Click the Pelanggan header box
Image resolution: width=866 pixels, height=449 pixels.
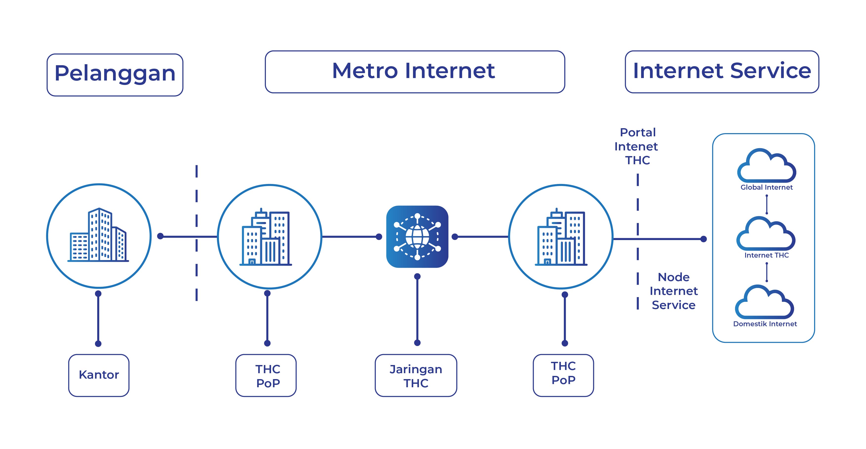pos(115,75)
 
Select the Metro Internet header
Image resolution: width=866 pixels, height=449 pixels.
pos(414,72)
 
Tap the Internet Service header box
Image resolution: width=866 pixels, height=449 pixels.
pos(722,72)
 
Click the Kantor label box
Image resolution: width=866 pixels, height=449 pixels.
pos(99,375)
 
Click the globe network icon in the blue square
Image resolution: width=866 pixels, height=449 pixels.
pos(417,236)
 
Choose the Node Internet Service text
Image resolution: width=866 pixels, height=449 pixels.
pos(673,291)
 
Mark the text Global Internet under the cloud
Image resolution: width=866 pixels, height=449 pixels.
pos(767,187)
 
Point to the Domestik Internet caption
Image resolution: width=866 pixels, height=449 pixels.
pos(765,324)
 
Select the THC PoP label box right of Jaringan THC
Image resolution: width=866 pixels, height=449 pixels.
pos(563,375)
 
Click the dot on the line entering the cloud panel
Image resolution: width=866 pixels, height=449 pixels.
pos(703,239)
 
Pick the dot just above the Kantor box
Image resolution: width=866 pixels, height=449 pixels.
pos(98,343)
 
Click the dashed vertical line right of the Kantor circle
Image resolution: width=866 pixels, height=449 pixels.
pos(197,232)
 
